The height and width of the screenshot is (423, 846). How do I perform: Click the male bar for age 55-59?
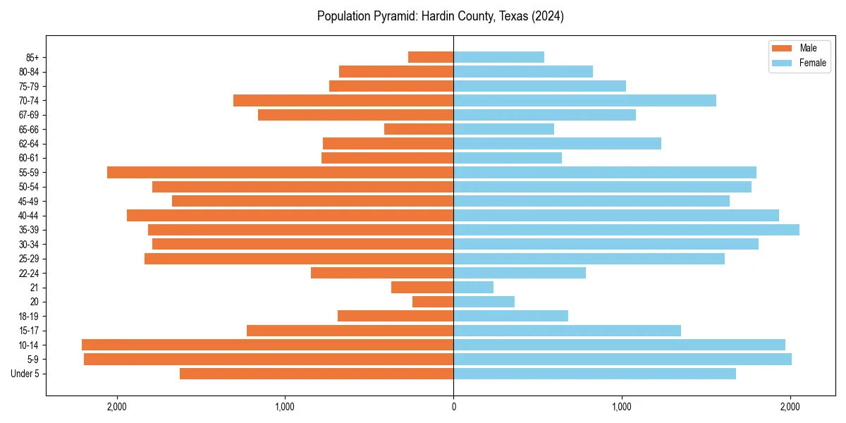[280, 172]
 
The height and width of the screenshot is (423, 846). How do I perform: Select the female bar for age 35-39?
[626, 230]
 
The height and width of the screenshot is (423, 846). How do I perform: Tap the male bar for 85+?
[431, 57]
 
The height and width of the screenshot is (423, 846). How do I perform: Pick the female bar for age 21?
[473, 287]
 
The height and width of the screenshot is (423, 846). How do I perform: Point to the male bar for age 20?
[433, 302]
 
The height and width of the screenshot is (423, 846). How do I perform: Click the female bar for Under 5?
[594, 374]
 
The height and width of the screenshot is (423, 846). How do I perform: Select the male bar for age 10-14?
[267, 345]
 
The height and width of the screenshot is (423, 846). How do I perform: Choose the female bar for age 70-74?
[584, 100]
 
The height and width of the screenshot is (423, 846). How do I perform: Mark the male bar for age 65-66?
[419, 129]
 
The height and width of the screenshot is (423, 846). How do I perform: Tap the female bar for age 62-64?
[557, 143]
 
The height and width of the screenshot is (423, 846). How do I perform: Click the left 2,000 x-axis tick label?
[116, 407]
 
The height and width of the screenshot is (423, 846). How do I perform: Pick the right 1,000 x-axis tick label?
[622, 407]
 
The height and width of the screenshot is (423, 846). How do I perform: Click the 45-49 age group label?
[29, 201]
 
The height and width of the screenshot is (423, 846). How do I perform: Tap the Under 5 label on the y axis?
[25, 374]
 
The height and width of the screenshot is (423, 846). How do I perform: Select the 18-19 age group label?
[29, 316]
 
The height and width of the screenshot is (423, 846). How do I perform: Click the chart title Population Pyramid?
[440, 16]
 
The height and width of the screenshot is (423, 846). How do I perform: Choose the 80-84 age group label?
[29, 71]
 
